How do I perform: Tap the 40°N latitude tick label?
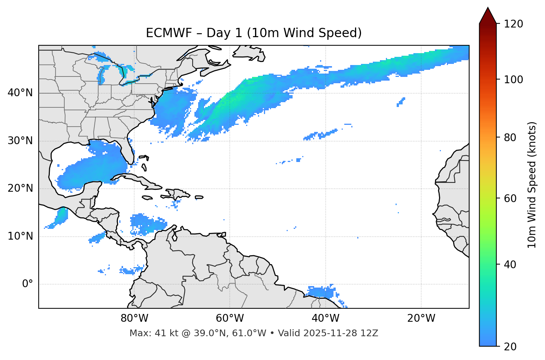[20, 93]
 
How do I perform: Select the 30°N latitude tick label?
[20, 141]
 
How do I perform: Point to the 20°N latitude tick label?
[20, 188]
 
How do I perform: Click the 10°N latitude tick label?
[20, 236]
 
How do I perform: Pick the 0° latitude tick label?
[28, 284]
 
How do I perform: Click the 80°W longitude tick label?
[134, 318]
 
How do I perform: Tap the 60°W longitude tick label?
[230, 318]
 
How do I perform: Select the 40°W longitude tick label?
[326, 318]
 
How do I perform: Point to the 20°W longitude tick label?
[421, 318]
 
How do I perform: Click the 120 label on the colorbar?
[513, 24]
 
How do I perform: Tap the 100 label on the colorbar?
[513, 80]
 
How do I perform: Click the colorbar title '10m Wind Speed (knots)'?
[532, 185]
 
